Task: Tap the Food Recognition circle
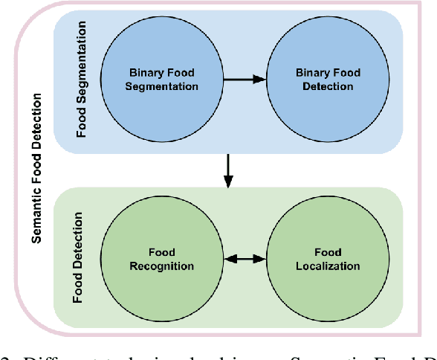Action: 162,258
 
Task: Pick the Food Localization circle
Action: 327,258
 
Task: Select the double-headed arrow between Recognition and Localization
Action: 245,259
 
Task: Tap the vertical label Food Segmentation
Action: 82,80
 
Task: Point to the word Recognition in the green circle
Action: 162,266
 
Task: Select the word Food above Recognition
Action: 162,251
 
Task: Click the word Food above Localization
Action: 327,251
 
